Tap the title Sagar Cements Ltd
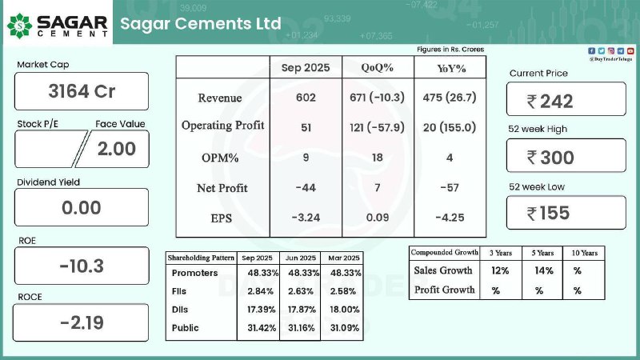point(200,23)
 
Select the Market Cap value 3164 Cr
point(82,91)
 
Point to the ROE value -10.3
point(82,266)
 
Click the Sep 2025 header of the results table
point(305,68)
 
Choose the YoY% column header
point(451,68)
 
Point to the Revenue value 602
point(305,98)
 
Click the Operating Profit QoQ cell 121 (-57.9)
point(377,126)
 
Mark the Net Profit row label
point(222,188)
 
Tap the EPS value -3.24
point(305,216)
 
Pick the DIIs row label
point(184,309)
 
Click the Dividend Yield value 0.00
point(82,208)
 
